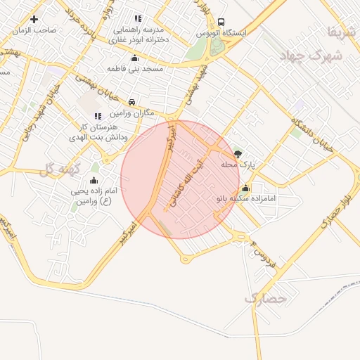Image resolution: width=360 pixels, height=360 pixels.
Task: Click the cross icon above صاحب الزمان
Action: (x=34, y=19)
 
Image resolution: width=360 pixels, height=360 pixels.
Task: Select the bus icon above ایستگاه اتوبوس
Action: (x=221, y=22)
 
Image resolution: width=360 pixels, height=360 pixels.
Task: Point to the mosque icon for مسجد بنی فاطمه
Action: (x=135, y=58)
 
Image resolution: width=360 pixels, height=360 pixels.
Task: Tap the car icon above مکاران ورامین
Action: (x=132, y=103)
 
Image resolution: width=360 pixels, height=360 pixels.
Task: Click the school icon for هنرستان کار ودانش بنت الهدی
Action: (x=97, y=115)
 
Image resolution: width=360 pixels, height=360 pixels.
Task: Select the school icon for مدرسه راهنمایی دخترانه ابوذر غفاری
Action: (x=137, y=19)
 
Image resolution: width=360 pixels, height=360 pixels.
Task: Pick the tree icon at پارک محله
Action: (x=238, y=153)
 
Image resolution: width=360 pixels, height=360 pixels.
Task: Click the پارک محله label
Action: (x=236, y=165)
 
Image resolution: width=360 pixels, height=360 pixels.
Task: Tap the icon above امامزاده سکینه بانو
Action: (x=245, y=188)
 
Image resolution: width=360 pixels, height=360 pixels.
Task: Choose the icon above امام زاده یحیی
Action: (x=94, y=180)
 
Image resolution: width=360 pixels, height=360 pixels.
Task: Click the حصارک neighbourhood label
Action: (x=266, y=299)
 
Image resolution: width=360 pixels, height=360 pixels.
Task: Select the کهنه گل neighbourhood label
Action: (x=56, y=169)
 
